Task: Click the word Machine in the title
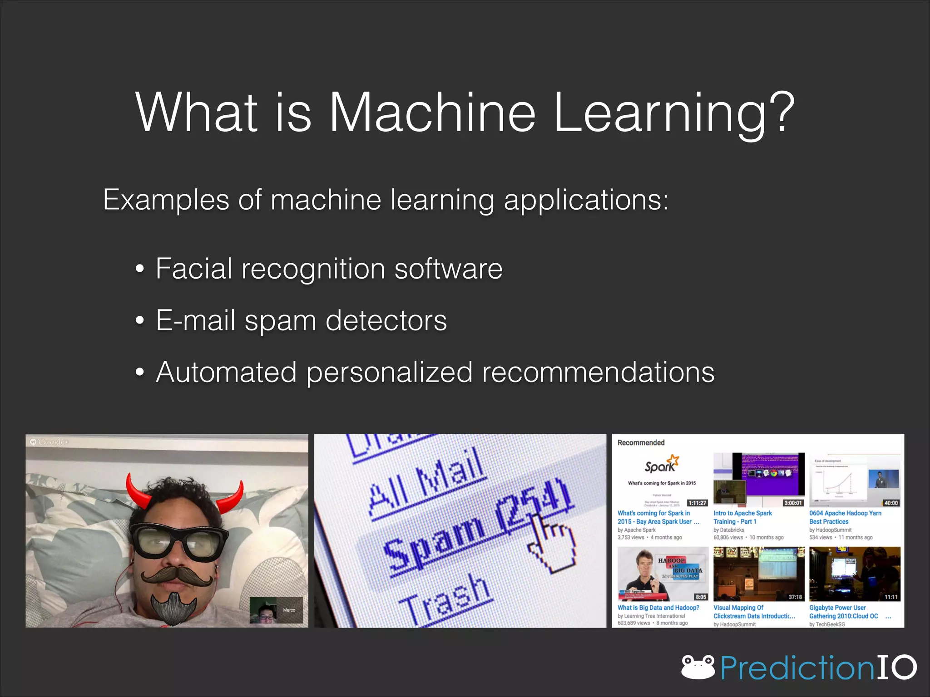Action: click(x=432, y=112)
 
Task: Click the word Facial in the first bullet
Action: click(x=194, y=268)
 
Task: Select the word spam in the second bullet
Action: click(x=280, y=320)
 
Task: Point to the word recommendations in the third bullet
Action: click(x=598, y=372)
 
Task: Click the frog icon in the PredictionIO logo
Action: click(x=698, y=667)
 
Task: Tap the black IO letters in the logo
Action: click(x=896, y=667)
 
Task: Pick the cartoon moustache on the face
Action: click(x=177, y=576)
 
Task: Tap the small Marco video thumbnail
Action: click(x=276, y=610)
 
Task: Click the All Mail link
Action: click(x=427, y=481)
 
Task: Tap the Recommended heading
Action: click(x=641, y=442)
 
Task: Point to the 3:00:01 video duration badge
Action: click(x=793, y=503)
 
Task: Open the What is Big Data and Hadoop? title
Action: click(x=658, y=608)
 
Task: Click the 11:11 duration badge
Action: click(x=891, y=597)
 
